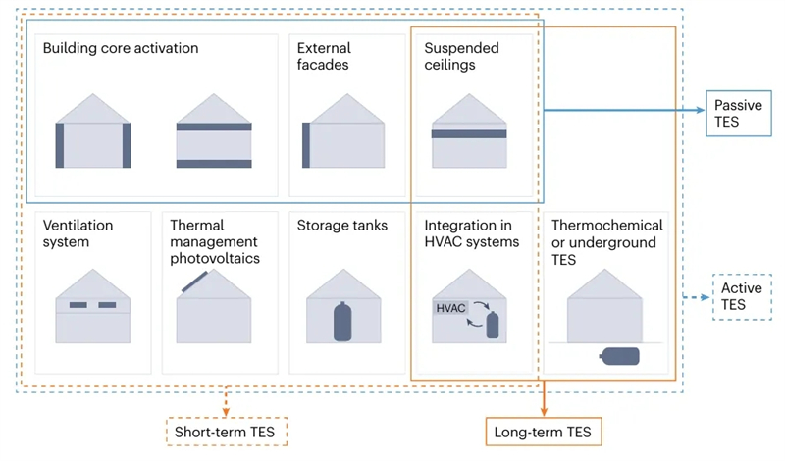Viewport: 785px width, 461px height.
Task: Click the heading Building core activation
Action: click(121, 48)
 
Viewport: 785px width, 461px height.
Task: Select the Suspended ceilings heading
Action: click(461, 57)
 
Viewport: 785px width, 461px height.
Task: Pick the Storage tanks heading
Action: click(342, 226)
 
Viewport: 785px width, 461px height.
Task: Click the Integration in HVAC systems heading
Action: click(472, 233)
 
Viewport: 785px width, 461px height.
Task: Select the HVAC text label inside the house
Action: click(451, 309)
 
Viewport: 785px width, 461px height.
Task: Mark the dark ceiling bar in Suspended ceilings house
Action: click(469, 134)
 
